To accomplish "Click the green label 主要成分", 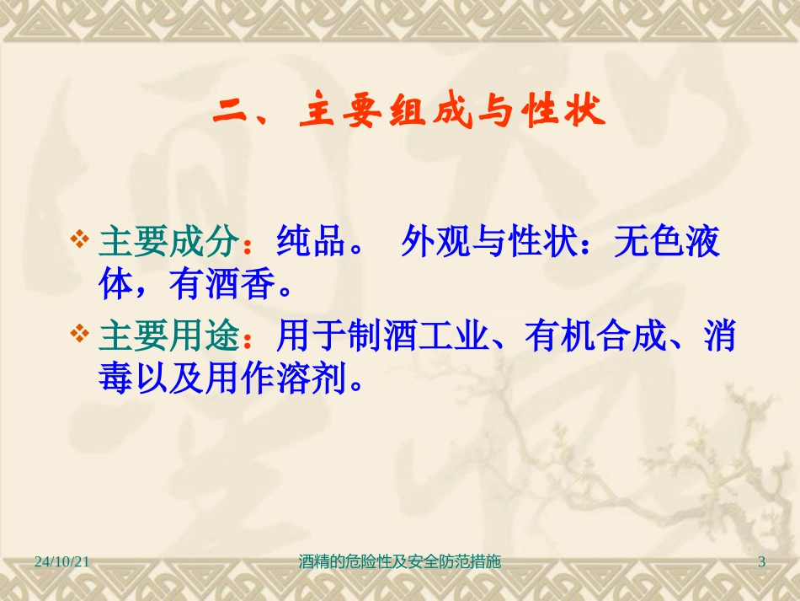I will tap(169, 243).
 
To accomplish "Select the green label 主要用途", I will tap(169, 338).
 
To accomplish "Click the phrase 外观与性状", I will tap(489, 243).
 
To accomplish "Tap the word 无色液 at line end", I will tap(668, 243).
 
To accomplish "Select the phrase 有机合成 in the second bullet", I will tap(594, 338).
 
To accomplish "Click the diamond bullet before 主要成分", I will tap(83, 241).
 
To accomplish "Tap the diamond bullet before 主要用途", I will tap(83, 336).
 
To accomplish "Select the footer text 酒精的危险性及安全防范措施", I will tap(400, 561).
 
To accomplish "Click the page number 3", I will tap(762, 561).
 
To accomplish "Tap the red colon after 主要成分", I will tap(248, 244).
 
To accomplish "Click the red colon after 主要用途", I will tap(248, 340).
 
